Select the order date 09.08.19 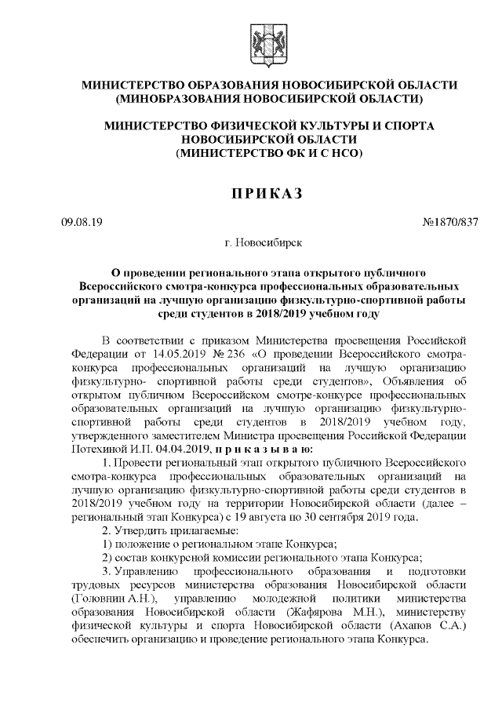[80, 222]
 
